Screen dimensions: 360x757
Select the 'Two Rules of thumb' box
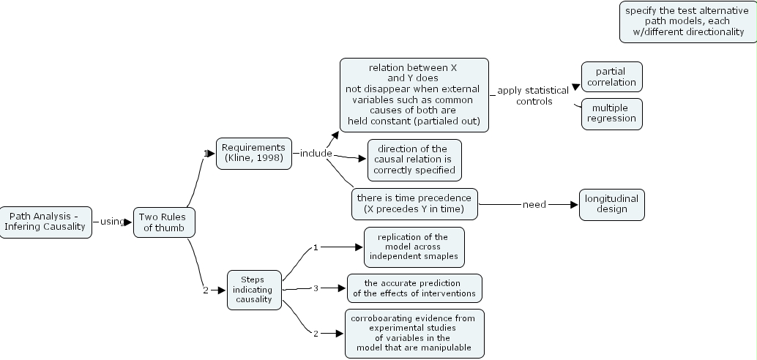tap(164, 222)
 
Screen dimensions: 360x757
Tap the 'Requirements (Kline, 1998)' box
tap(253, 153)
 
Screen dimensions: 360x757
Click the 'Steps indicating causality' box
tap(254, 289)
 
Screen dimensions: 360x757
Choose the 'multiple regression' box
tap(611, 113)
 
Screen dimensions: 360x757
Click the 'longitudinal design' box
tap(612, 203)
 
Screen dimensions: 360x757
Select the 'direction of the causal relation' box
tap(414, 160)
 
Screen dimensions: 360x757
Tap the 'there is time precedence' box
tap(414, 203)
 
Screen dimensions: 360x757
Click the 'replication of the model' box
tap(414, 247)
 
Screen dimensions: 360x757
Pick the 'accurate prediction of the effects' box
tap(414, 288)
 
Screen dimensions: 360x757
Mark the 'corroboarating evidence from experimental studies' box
tap(414, 333)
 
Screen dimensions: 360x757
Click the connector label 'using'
tap(112, 222)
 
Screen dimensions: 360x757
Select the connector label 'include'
tap(316, 154)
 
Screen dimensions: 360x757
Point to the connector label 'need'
tap(534, 205)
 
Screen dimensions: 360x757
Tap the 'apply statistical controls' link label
tap(533, 96)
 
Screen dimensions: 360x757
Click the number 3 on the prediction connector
tap(316, 288)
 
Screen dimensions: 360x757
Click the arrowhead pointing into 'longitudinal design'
tap(574, 205)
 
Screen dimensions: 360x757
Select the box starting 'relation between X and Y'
tap(414, 94)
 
